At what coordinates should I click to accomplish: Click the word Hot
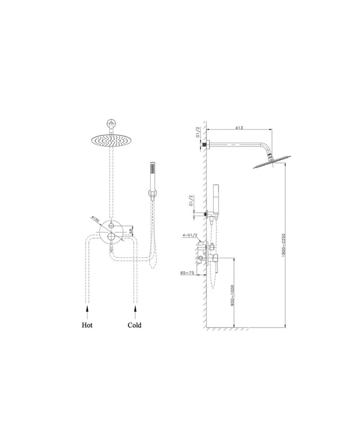pos(87,325)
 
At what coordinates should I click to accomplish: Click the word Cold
pos(135,325)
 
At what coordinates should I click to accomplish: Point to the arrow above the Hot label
pos(87,312)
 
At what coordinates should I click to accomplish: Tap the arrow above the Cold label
pos(135,312)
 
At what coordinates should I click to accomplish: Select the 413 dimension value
pos(239,127)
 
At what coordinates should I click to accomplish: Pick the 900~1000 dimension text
pos(232,295)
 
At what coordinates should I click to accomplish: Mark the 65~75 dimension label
pos(187,273)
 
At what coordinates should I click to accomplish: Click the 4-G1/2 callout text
pos(190,235)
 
